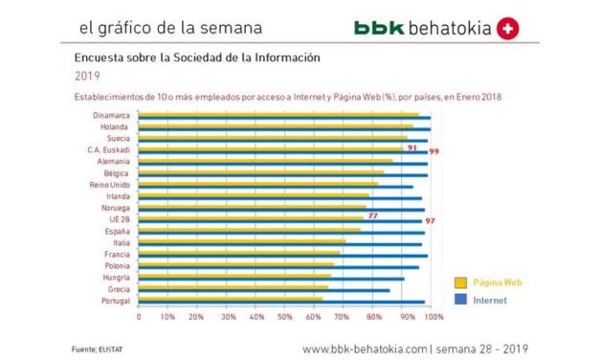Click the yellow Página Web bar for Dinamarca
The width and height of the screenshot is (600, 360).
(278, 115)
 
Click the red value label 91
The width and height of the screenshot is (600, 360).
(411, 148)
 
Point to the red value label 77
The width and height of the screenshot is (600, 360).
(371, 216)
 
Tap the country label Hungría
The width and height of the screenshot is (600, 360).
(117, 277)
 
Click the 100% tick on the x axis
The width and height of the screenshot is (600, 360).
(433, 316)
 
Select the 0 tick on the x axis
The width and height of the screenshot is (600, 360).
(139, 316)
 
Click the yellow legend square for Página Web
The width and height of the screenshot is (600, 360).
(460, 282)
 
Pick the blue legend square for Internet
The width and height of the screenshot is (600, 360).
(460, 300)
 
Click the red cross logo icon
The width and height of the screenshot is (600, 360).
(508, 29)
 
